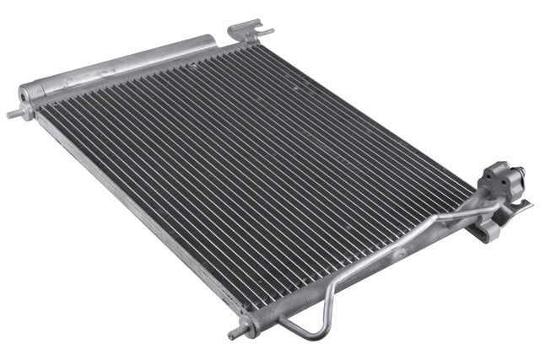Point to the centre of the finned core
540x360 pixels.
253,169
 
